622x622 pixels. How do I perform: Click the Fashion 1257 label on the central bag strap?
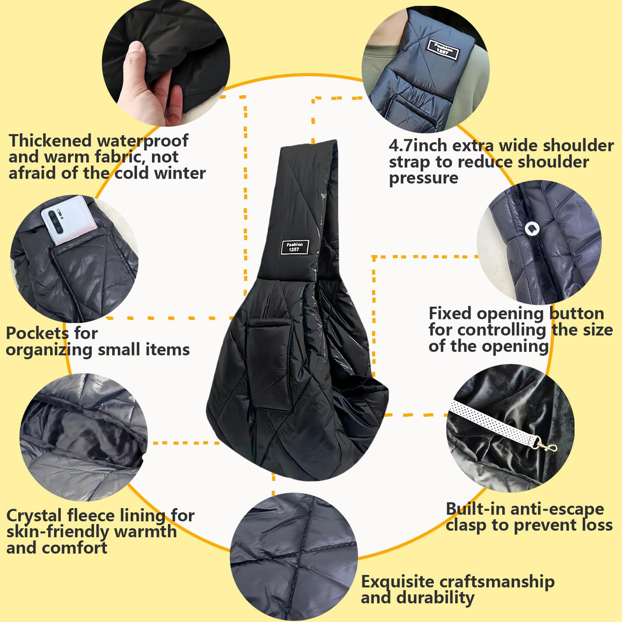click(295, 247)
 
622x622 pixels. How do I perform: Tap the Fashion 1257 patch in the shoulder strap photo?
click(443, 50)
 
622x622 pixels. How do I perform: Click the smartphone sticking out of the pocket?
click(69, 220)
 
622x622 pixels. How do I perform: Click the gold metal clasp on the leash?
click(546, 447)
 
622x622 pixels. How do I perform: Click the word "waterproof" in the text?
click(143, 141)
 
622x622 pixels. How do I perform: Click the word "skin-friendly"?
click(58, 532)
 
